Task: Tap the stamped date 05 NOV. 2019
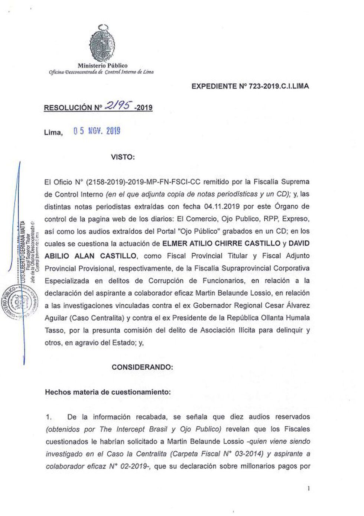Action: pos(97,131)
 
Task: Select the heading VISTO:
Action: pos(123,157)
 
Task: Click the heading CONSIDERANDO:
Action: pos(142,367)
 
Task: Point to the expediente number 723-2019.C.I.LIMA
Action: pos(274,87)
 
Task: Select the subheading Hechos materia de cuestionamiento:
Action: pos(108,392)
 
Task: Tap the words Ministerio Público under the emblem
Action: pos(102,66)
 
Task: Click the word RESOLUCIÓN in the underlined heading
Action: pos(68,108)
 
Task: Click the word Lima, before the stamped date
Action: pos(53,132)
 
